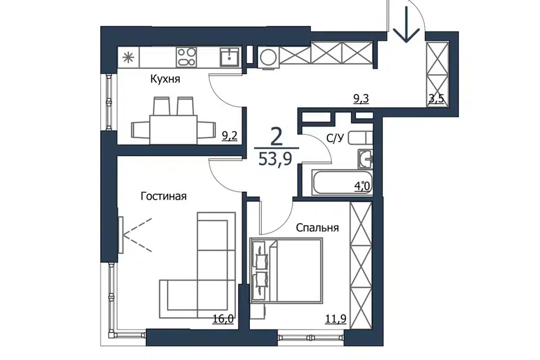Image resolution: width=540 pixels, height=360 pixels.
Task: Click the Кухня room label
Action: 165,79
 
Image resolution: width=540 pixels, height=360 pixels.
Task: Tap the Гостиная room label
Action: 164,196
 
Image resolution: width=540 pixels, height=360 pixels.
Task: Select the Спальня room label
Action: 317,228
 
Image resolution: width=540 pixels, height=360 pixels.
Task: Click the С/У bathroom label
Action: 335,138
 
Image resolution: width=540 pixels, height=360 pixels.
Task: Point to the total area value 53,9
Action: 275,159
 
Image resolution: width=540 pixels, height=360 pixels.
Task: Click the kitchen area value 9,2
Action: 229,136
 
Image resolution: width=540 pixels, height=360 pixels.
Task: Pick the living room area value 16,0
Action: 223,319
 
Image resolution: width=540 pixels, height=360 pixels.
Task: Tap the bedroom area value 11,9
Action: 336,319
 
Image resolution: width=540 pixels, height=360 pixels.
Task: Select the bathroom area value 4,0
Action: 362,186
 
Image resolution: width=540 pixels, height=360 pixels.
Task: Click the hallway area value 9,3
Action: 361,99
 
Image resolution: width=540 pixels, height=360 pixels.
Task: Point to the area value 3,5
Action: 436,99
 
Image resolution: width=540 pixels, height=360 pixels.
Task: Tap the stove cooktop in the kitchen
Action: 186,57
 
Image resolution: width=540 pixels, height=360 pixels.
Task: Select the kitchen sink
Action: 230,57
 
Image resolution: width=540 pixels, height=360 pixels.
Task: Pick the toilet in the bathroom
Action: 360,138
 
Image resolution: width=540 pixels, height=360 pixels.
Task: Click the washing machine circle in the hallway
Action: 269,57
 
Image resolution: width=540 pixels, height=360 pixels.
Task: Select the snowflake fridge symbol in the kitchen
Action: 128,57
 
